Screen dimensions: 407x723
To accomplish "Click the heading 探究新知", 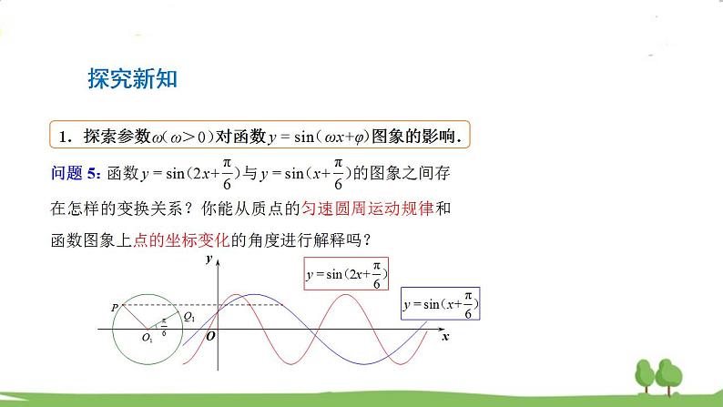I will click(132, 78).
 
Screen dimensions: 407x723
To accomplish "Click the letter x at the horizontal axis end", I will click(445, 337).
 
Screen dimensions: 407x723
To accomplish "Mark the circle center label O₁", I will click(147, 338).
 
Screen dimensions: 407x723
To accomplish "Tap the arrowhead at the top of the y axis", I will click(218, 263).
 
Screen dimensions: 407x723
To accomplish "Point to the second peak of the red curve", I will click(348, 296).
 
